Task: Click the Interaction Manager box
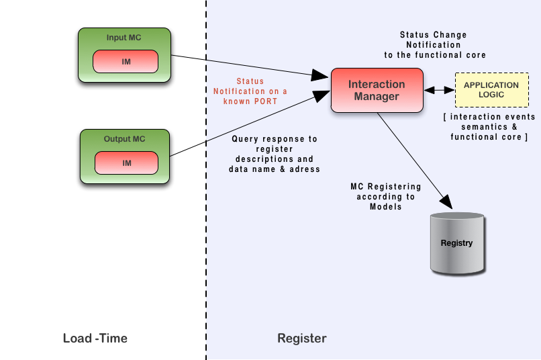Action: pos(377,90)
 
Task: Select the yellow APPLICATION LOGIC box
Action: pos(491,90)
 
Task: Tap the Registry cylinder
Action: pos(457,243)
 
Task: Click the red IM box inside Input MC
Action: pos(126,62)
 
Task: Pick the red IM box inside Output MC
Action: pos(126,163)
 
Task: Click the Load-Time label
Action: pos(95,338)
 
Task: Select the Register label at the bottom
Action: pos(302,338)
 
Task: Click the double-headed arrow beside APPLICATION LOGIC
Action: pos(439,89)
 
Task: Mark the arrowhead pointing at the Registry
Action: pos(445,199)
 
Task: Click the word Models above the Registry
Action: pos(386,206)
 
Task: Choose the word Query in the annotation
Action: pos(245,139)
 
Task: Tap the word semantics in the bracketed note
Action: pos(473,127)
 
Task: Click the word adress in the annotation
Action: pos(303,169)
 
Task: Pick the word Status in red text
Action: pos(250,81)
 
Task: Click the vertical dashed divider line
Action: pos(206,201)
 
